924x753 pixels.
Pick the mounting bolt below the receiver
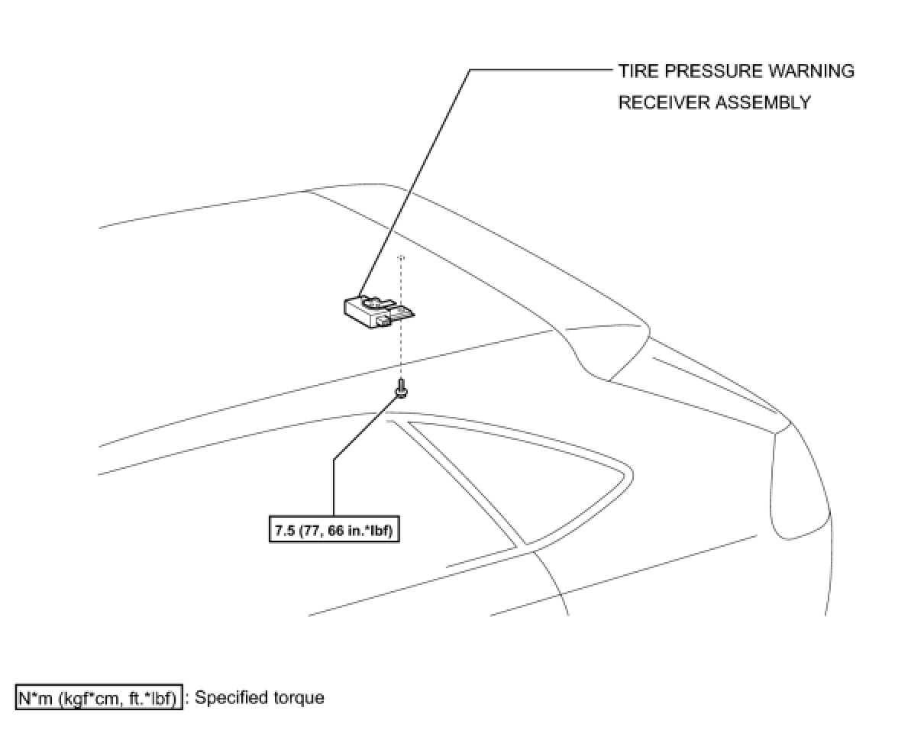click(400, 389)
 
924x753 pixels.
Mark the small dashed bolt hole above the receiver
click(401, 258)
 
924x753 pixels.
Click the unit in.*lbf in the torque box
click(371, 531)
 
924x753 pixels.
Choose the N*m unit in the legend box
click(35, 698)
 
